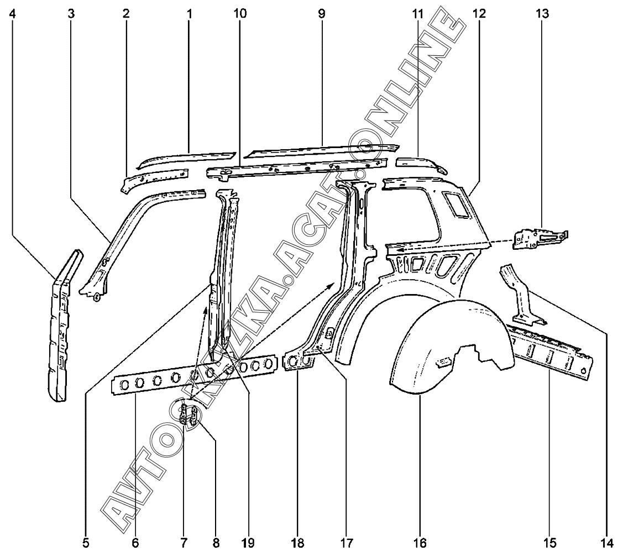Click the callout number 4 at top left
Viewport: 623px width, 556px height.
click(x=12, y=13)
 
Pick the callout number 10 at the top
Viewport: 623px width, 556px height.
click(x=240, y=13)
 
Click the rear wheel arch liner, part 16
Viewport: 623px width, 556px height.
click(x=442, y=343)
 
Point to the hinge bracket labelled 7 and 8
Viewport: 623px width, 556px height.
click(x=190, y=416)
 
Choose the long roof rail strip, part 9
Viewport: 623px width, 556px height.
click(x=321, y=150)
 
